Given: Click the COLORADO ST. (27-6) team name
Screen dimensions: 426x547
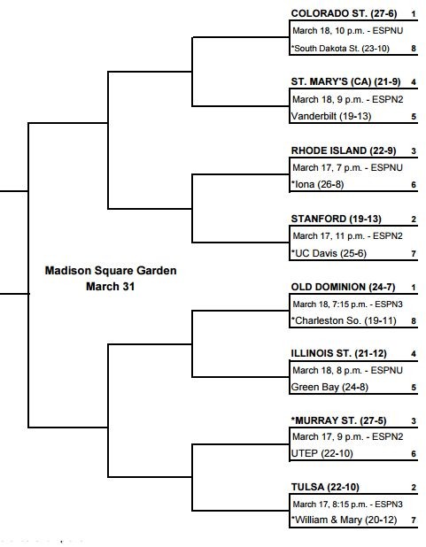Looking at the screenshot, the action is click(344, 13).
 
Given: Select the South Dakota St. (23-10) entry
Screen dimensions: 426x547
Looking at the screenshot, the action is click(340, 49).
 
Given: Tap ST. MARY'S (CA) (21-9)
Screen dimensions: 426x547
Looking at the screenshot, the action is click(345, 81).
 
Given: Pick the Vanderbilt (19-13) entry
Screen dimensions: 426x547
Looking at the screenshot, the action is click(331, 116).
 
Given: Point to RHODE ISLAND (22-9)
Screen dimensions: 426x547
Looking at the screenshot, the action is click(344, 150).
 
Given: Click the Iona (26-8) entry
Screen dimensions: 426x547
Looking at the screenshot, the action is click(318, 184).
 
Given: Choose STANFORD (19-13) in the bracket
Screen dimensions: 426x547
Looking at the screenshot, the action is click(337, 219).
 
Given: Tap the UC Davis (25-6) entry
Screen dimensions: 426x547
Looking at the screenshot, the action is click(329, 253).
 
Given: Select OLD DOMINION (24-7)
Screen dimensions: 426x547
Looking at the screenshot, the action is click(344, 287).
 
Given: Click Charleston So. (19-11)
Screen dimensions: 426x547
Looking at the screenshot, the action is click(344, 320).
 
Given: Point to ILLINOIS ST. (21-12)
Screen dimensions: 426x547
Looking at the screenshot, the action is click(338, 353).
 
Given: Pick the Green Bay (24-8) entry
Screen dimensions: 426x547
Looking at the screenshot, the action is click(329, 387).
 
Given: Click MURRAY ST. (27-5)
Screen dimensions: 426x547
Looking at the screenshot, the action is click(338, 420).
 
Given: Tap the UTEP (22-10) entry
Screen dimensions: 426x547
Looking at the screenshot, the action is click(322, 453).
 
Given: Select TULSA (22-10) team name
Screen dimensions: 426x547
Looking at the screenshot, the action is click(325, 487).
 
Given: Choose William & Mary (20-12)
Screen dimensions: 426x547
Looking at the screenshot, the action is click(345, 520).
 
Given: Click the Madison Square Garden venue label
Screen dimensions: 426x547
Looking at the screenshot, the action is click(111, 271).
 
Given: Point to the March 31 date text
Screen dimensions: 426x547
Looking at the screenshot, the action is click(111, 287).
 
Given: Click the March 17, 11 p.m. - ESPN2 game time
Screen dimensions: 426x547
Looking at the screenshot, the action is click(347, 236).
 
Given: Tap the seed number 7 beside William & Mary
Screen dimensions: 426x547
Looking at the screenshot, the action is click(414, 520).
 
